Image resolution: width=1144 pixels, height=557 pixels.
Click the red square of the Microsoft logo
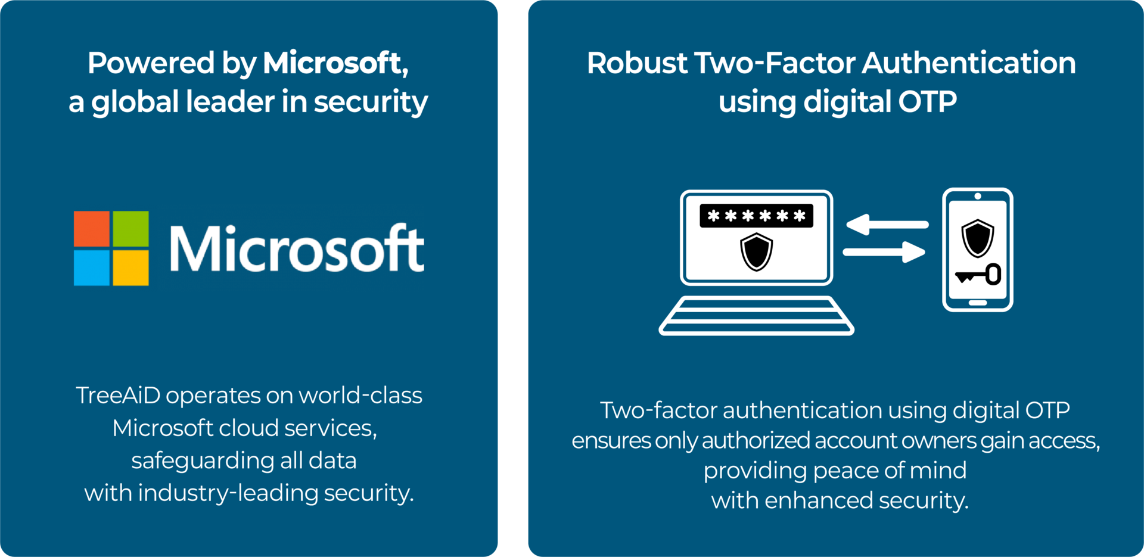pyautogui.click(x=91, y=229)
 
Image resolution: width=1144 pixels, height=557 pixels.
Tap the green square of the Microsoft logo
pyautogui.click(x=130, y=229)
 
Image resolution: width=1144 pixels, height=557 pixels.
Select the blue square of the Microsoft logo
pyautogui.click(x=91, y=267)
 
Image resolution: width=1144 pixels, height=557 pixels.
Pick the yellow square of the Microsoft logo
pyautogui.click(x=130, y=267)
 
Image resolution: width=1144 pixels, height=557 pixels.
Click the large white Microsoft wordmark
pyautogui.click(x=297, y=249)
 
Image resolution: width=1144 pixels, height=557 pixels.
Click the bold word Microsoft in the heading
pyautogui.click(x=332, y=63)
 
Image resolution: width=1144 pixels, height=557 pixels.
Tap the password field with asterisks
pyautogui.click(x=756, y=216)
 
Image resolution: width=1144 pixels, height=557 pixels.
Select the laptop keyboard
pyautogui.click(x=756, y=316)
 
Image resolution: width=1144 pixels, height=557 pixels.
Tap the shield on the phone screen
pyautogui.click(x=977, y=238)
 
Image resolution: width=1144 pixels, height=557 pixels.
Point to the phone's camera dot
pyautogui.click(x=978, y=196)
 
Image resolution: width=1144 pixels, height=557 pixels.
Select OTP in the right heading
pyautogui.click(x=927, y=102)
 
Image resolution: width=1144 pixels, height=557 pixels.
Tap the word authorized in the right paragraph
pyautogui.click(x=756, y=441)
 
